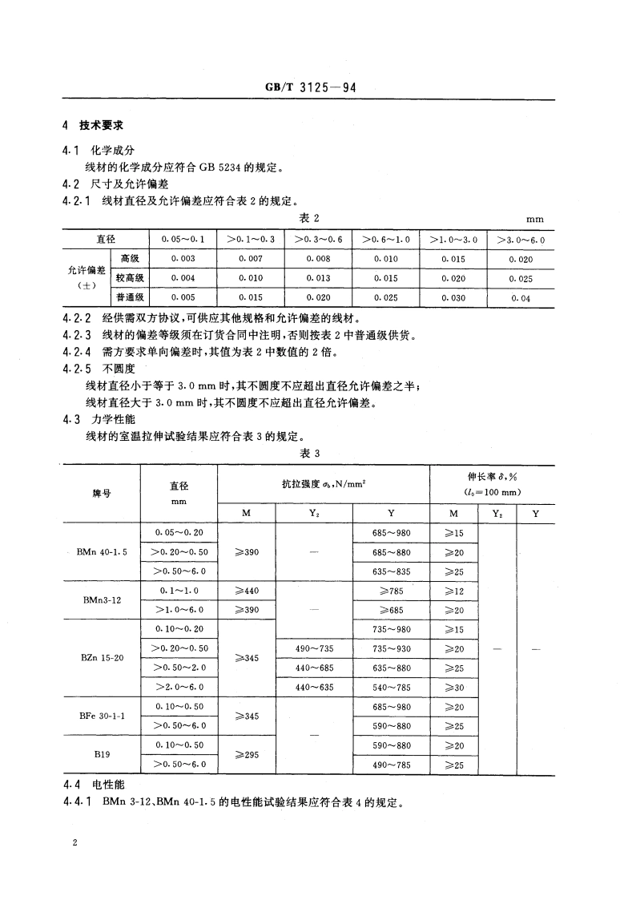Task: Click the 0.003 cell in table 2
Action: [183, 259]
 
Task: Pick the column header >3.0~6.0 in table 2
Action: [521, 239]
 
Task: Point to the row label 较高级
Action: [129, 278]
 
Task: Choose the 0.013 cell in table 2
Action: [318, 278]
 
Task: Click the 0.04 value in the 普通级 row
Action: [521, 298]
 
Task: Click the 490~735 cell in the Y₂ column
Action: [314, 648]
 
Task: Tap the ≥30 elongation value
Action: [454, 687]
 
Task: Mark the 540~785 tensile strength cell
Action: [392, 687]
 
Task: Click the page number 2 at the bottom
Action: [74, 844]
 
